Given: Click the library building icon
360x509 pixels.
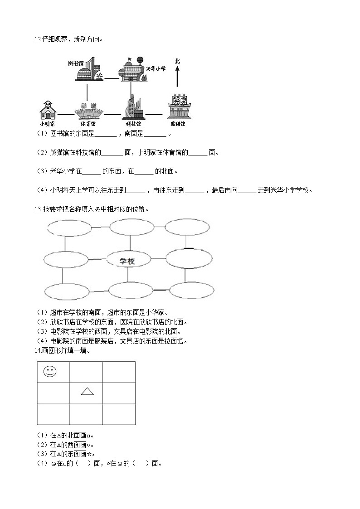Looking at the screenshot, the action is (x=88, y=70).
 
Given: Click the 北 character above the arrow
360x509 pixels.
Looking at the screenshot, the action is (x=177, y=61).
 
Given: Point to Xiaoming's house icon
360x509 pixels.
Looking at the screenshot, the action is (x=47, y=110).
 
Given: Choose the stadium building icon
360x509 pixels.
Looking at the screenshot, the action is (x=88, y=110).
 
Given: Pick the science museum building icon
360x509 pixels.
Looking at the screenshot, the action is (x=132, y=108).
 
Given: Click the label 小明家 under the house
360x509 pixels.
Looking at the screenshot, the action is (x=47, y=123).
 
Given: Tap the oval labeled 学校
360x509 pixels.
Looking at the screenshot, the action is (x=128, y=260).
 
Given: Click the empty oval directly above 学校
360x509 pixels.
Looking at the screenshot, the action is (x=131, y=227).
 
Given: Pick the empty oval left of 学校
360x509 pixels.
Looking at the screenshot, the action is (x=66, y=260).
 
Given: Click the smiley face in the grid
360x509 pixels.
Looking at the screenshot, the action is (x=50, y=372).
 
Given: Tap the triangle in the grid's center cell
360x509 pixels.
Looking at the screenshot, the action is (x=87, y=391).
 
